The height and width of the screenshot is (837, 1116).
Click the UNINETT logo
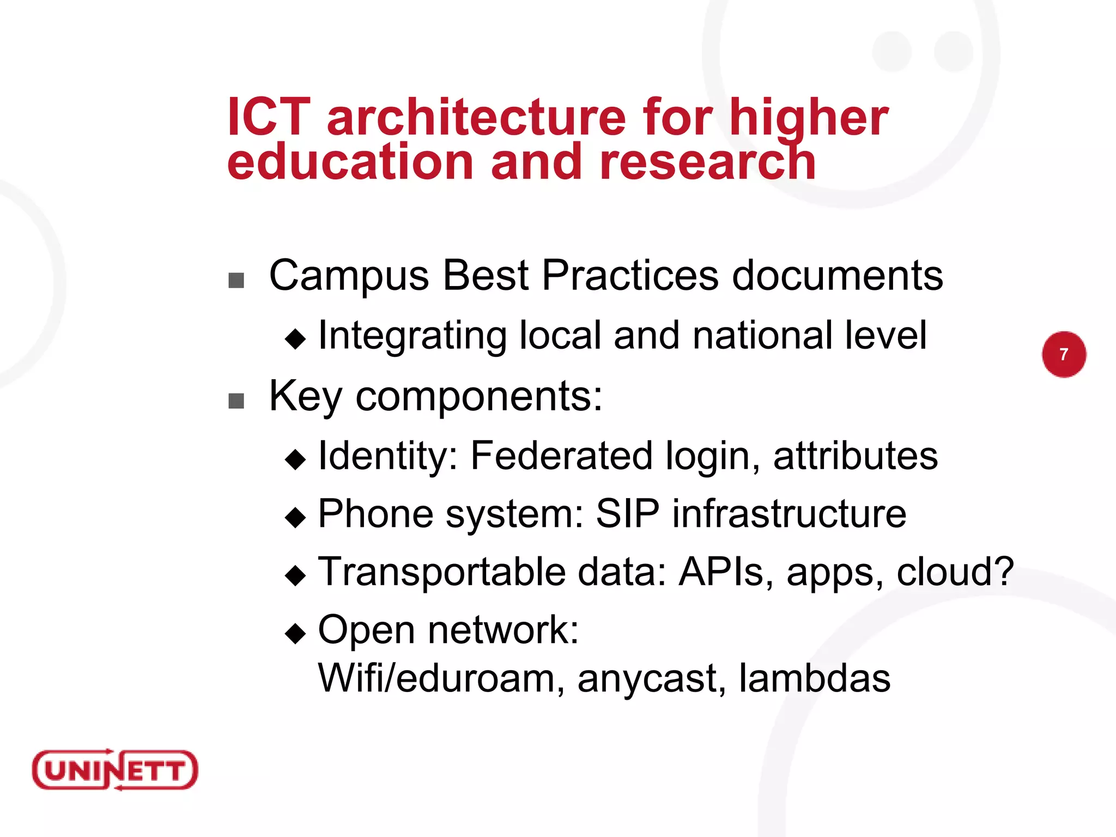(115, 769)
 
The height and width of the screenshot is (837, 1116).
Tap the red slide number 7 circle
(1064, 354)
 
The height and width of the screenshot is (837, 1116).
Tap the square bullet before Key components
(236, 401)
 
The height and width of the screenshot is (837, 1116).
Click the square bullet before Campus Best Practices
(236, 281)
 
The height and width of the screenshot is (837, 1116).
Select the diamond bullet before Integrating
(295, 339)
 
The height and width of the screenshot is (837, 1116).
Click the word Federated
(561, 456)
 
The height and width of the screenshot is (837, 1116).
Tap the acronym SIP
(627, 513)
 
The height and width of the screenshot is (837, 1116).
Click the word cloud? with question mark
(955, 572)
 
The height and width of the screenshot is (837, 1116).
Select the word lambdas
(814, 678)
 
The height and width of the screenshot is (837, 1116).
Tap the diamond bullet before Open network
(295, 633)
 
